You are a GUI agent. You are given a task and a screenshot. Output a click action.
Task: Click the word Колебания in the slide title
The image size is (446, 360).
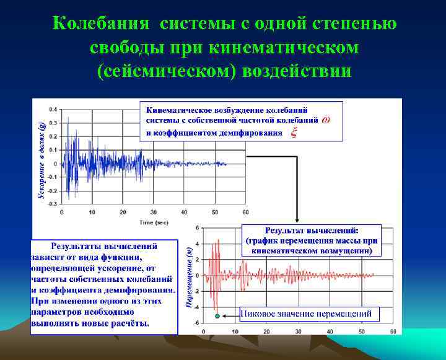pos(101,24)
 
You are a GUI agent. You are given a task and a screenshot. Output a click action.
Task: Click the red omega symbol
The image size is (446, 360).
pos(326,120)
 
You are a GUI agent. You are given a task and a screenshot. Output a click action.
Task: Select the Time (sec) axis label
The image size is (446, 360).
pos(154,221)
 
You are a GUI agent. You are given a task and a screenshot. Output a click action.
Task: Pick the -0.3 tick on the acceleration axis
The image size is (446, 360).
pos(53,203)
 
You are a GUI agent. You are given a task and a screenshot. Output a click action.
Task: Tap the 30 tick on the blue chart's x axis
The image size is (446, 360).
pos(153,213)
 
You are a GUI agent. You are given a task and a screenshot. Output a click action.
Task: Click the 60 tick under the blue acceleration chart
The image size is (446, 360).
pos(245,213)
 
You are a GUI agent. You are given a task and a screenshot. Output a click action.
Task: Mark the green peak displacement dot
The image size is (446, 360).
pos(217,316)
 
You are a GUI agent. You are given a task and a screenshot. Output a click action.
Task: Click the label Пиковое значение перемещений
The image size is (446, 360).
pos(305,314)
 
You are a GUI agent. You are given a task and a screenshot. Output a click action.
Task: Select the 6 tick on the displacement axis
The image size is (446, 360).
pos(196,227)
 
